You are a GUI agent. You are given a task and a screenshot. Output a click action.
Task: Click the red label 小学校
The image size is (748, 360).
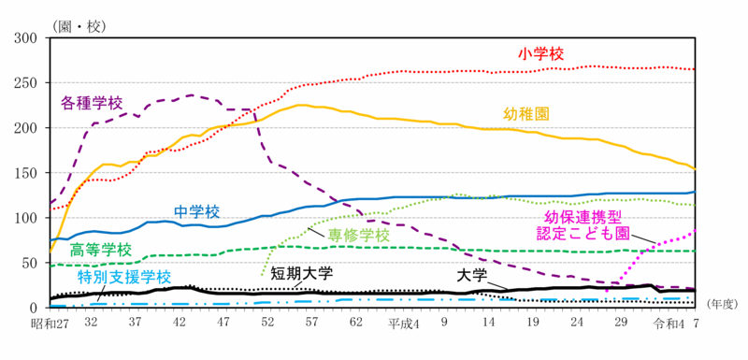coord(541,54)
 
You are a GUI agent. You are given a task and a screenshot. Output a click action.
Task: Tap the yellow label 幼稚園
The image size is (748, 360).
coord(525,113)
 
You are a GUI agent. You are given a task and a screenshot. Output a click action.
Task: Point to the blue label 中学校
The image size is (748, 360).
coord(196,211)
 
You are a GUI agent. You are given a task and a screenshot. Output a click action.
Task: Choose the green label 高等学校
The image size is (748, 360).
coord(100,251)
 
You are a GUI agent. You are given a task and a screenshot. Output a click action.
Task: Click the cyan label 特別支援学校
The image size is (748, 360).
coord(124,277)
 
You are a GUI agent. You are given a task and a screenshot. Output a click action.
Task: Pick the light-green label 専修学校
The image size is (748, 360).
coord(358,235)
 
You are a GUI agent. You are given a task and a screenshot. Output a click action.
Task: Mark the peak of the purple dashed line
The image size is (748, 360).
coord(191,95)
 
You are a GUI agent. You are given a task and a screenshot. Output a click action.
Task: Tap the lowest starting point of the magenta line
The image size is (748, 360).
coord(607,291)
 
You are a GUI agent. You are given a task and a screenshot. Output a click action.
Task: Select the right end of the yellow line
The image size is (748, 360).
coord(696,169)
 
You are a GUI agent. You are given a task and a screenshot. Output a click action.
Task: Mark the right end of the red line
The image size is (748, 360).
coord(693,69)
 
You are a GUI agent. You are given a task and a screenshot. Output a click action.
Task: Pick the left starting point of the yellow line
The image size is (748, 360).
coord(51,239)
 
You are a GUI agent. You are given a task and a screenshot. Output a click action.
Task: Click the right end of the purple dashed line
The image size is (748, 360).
coord(694,288)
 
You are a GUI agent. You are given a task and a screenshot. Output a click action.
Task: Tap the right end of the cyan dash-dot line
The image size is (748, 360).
coord(691,298)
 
